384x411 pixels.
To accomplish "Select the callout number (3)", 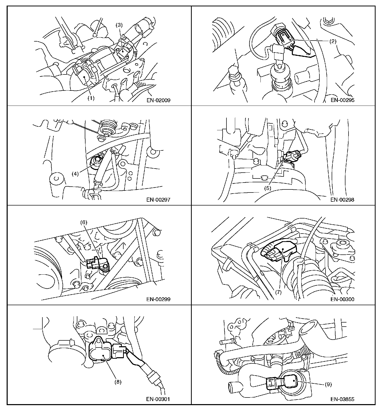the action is pos(119,25).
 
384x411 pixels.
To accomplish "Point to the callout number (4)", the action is pos(75,174).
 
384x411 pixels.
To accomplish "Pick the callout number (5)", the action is pos(268,188).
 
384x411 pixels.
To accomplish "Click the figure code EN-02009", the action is pos(158,100).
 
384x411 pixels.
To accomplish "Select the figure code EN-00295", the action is pos(342,100).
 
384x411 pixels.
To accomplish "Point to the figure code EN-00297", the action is pos(158,200).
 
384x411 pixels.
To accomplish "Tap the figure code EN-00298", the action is pos(342,200).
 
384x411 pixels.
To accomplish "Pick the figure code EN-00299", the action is pos(158,299).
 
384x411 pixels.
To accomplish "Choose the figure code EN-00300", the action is pos(342,299).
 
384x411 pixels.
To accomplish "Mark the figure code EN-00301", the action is pos(158,399).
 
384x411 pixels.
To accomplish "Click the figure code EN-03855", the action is pos(342,399).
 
